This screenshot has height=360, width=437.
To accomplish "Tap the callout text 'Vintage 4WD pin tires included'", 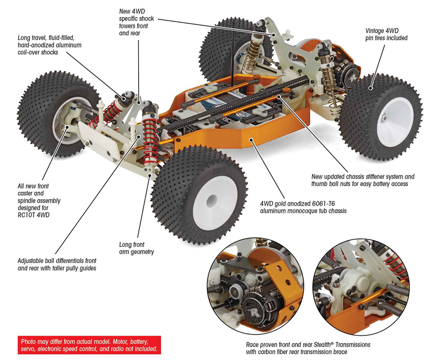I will pyautogui.click(x=386, y=35).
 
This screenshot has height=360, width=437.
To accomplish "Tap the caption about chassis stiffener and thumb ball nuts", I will pyautogui.click(x=363, y=180).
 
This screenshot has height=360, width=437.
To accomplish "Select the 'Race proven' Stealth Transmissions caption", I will pyautogui.click(x=308, y=348).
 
